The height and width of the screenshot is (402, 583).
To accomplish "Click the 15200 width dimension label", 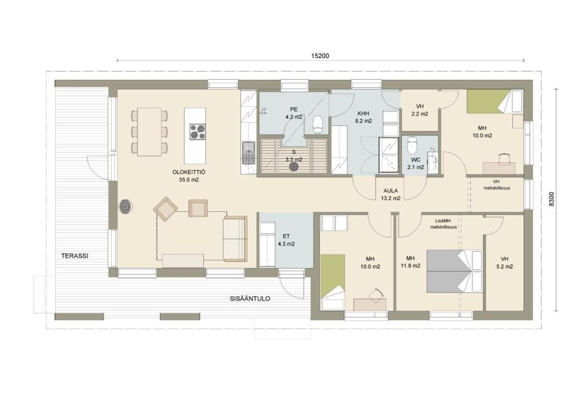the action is (x=320, y=56).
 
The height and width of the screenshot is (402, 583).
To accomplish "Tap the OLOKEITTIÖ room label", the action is (x=189, y=172).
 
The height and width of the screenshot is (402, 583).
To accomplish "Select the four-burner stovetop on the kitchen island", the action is (x=198, y=132).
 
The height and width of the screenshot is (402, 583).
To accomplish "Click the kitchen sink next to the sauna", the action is (x=248, y=153).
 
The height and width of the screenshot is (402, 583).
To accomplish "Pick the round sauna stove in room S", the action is (x=294, y=167).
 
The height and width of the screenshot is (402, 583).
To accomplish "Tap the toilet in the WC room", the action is (x=412, y=145).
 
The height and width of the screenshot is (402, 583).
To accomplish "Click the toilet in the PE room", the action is (x=318, y=124).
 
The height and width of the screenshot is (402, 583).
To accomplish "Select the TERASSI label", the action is (x=75, y=256).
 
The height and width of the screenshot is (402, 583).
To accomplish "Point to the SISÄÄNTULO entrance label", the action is (x=250, y=298).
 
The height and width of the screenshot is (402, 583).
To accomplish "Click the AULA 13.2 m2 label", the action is (x=391, y=195).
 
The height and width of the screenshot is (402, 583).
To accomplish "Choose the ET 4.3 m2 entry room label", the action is (x=286, y=240).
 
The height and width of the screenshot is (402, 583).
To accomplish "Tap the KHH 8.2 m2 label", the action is (x=363, y=117).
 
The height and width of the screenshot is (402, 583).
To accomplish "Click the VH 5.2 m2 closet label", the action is (x=504, y=262).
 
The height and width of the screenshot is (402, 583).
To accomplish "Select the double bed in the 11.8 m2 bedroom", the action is (x=455, y=270).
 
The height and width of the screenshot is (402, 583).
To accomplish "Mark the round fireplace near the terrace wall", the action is (x=126, y=207).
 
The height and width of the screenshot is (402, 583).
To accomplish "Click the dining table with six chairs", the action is (x=149, y=132).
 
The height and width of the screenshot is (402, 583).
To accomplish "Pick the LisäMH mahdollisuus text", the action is (x=444, y=224).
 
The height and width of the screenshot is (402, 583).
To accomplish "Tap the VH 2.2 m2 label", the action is (x=420, y=110).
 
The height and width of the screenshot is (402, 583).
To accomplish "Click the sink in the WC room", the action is (x=432, y=162).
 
